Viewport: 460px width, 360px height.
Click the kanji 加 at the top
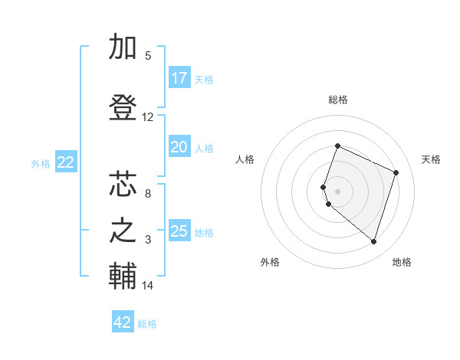[123, 47]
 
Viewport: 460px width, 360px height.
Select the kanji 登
[123, 108]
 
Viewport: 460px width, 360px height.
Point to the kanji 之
[123, 231]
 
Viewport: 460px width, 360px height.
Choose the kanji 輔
[123, 277]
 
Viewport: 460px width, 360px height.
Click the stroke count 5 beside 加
[148, 56]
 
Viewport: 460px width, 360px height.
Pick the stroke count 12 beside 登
[148, 117]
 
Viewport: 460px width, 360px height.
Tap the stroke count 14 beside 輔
[148, 286]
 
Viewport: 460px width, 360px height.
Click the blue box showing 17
[179, 78]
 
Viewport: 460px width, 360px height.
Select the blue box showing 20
[179, 147]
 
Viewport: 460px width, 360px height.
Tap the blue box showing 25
[179, 231]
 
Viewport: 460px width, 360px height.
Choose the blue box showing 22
[66, 162]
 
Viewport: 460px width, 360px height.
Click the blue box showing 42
[123, 322]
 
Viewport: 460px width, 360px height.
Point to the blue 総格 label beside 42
[147, 324]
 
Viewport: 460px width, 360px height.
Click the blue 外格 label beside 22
[41, 164]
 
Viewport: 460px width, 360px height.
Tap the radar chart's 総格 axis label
[337, 100]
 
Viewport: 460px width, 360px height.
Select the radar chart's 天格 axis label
[432, 159]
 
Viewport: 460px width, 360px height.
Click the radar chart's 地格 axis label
[402, 262]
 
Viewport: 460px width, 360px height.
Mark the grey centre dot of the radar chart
[337, 190]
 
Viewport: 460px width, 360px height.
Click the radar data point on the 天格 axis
[396, 172]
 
